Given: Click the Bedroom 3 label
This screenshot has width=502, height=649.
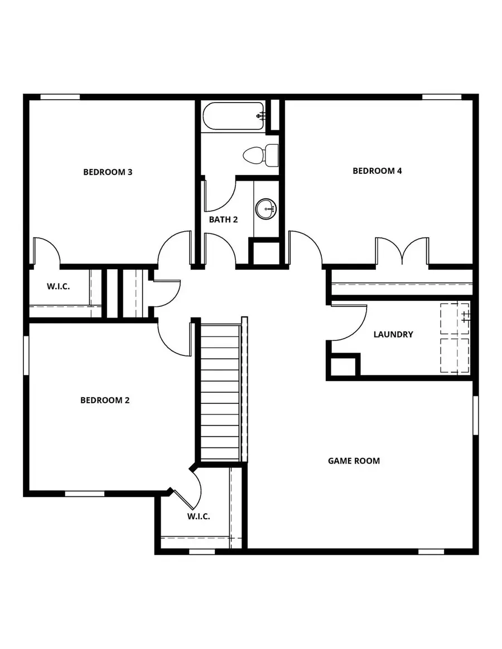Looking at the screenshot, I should (x=108, y=172).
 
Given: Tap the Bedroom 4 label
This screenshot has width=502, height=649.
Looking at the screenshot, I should (x=377, y=171).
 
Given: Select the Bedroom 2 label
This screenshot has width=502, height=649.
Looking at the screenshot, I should (x=105, y=400).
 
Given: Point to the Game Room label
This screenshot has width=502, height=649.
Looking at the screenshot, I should (x=354, y=461).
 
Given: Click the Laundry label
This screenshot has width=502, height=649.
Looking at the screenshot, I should (x=393, y=334).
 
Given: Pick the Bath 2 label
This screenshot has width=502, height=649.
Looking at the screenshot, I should (x=223, y=219).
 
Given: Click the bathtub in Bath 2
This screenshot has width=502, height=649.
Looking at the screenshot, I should (x=233, y=116).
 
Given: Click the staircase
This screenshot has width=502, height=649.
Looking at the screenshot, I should (x=220, y=393).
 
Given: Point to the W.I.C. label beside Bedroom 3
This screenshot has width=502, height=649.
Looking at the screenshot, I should (x=57, y=287).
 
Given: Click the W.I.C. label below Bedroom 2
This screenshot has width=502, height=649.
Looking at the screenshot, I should (x=199, y=516).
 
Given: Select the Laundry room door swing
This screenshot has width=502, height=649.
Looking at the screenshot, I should (x=349, y=323).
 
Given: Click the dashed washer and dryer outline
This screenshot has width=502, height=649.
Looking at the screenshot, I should (x=455, y=338).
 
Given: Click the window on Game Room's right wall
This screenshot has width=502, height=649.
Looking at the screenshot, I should (x=475, y=415).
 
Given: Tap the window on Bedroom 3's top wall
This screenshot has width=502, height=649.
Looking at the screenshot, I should (x=60, y=97).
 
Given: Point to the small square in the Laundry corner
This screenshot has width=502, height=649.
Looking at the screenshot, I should (x=342, y=366).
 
